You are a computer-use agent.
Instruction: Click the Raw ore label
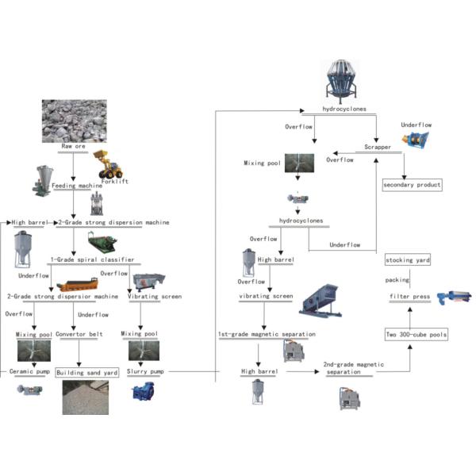[x=73, y=147]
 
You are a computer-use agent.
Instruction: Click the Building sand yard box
[x=87, y=371]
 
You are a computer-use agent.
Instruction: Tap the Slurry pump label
[x=146, y=371]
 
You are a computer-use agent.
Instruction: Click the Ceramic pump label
[x=29, y=371]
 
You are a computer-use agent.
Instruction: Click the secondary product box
[x=411, y=185]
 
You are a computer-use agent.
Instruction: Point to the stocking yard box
[x=409, y=260]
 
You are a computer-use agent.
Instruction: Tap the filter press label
[x=409, y=297]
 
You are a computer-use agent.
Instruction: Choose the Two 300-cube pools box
[x=416, y=335]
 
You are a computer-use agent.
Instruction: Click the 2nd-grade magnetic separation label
[x=354, y=368]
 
